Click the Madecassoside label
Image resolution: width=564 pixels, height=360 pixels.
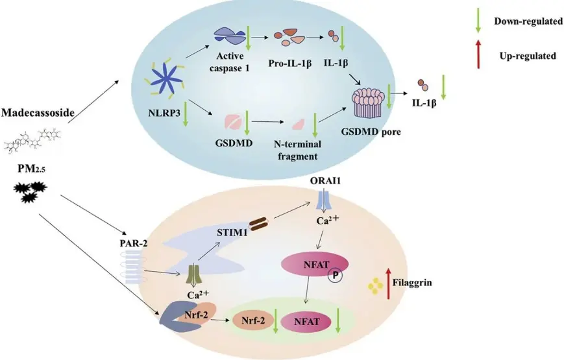tap(38, 113)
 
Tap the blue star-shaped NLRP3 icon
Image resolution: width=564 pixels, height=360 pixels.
tap(165, 80)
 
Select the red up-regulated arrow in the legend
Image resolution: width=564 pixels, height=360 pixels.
tap(478, 54)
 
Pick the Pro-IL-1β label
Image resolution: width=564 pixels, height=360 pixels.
tap(290, 64)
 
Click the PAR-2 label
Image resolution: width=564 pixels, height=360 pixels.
tap(134, 243)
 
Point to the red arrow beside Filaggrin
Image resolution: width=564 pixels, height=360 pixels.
tap(389, 283)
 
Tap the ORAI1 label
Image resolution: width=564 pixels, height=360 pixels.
tap(325, 180)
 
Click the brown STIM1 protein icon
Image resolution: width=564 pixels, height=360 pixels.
tap(259, 223)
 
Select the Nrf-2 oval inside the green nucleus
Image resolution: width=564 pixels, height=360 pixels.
tap(254, 320)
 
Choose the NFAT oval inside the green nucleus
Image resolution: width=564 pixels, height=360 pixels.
tap(307, 321)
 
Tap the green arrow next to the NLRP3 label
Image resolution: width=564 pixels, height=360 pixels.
tap(186, 114)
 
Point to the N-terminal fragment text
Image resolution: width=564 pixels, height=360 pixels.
tap(297, 150)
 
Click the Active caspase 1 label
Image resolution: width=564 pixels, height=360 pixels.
tap(230, 62)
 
